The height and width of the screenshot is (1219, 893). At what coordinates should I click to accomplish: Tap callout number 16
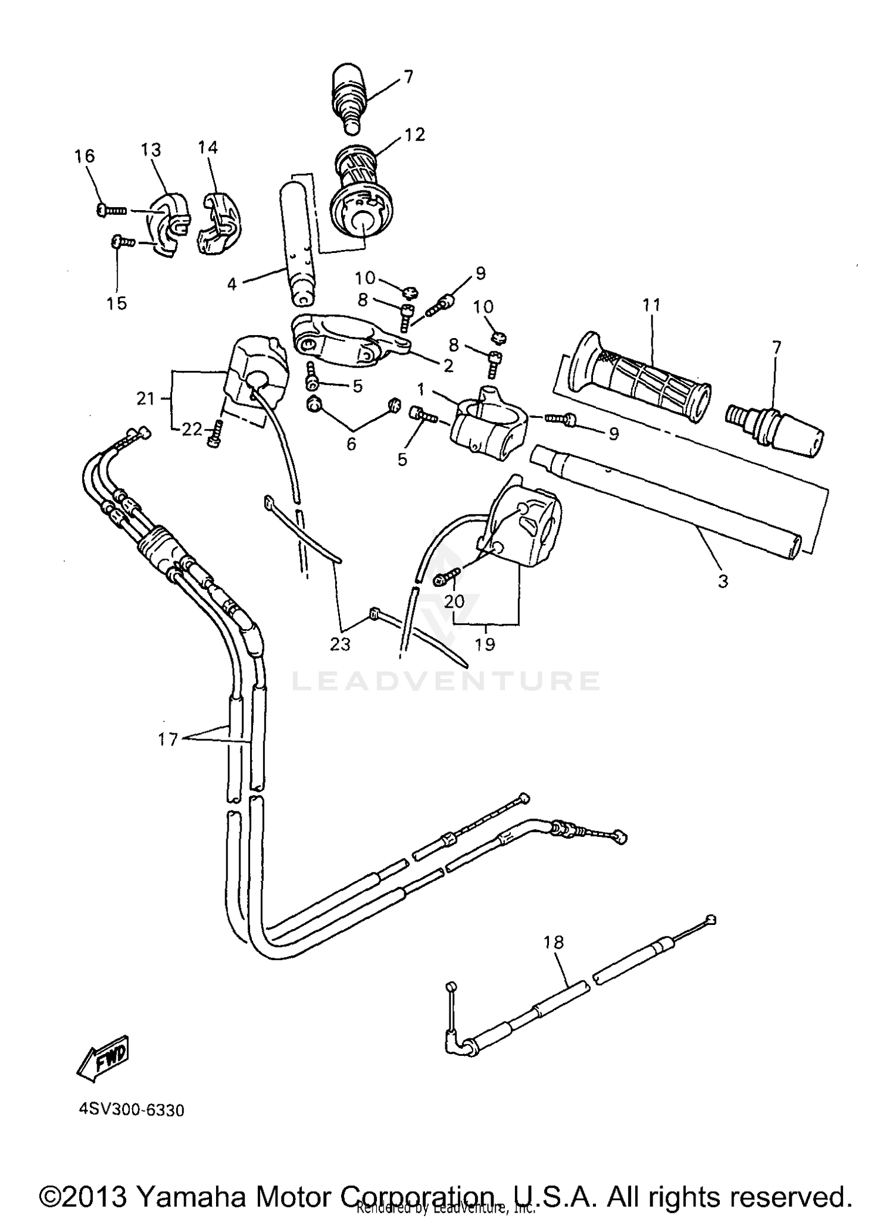point(85,156)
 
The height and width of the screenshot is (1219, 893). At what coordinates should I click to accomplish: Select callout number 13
point(151,149)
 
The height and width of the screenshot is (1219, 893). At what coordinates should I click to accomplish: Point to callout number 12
point(414,135)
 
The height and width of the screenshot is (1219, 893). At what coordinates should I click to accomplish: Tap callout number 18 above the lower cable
point(553,942)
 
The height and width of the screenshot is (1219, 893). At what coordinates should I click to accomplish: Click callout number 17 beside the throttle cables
point(168,739)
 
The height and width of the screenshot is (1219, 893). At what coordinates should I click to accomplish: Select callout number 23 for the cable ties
point(341,644)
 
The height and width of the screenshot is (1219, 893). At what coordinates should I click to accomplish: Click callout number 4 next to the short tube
point(232,285)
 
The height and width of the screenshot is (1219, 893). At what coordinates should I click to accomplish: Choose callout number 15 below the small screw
point(117,303)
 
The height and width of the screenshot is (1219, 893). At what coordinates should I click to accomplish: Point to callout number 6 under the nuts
point(351,443)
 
